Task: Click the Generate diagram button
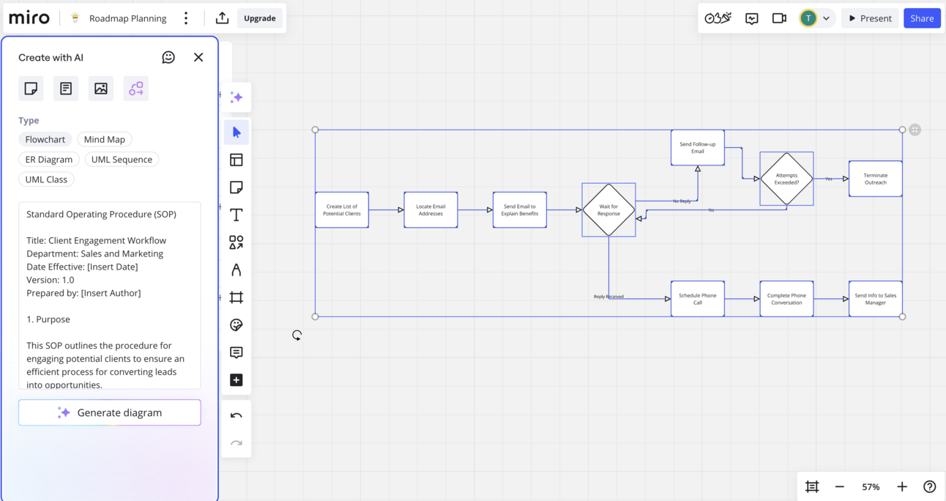110,412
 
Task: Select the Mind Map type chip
104,139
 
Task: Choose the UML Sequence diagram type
122,160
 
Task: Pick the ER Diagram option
49,160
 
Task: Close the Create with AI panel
198,57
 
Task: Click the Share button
922,18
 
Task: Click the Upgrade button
259,18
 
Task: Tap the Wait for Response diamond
608,210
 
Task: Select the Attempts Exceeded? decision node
786,179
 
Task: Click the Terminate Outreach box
875,179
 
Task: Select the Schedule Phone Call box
697,299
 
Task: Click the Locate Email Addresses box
431,210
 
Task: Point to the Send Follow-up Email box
697,148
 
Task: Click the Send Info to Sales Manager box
875,299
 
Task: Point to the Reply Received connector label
608,297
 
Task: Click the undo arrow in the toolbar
236,415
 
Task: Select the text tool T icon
236,215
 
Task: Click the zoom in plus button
902,486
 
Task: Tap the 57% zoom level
871,486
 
